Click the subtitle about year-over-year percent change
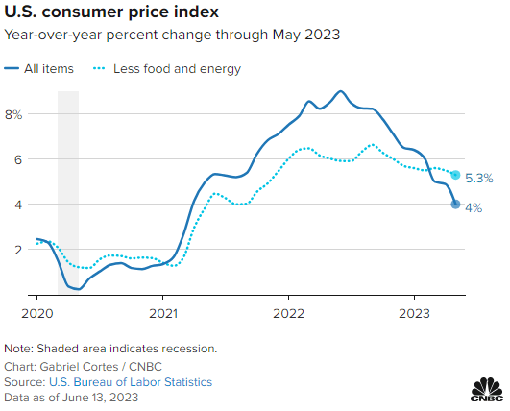tap(172, 36)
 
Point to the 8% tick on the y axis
tap(13, 114)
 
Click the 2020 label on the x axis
tap(36, 314)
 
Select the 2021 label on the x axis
tap(163, 314)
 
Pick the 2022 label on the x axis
tap(289, 314)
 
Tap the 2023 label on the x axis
tap(415, 314)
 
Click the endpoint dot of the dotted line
tap(455, 175)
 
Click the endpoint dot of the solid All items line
tap(455, 205)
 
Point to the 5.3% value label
tap(479, 178)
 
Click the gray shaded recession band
tap(68, 192)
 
